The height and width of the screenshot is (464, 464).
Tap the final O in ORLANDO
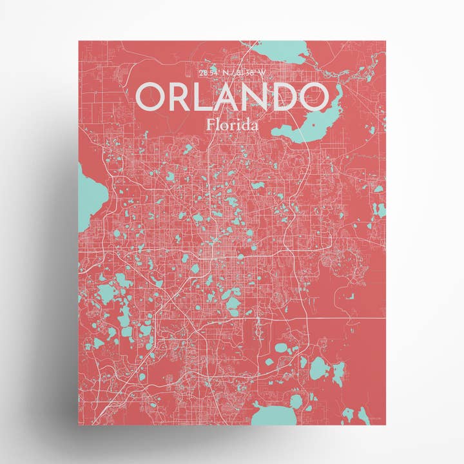316,97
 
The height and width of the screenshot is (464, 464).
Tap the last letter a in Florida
256,126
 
